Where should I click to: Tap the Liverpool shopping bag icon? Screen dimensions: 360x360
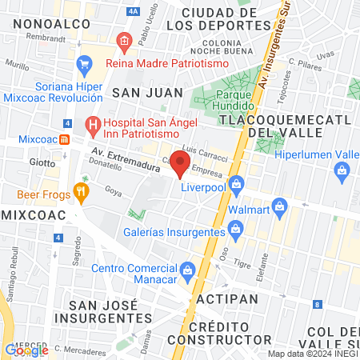(x=236, y=185)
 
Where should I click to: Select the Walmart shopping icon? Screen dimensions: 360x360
(x=279, y=206)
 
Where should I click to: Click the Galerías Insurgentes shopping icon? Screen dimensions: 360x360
(x=235, y=230)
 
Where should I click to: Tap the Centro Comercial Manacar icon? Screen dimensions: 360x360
(x=187, y=269)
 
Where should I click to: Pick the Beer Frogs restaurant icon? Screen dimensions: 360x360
(x=80, y=192)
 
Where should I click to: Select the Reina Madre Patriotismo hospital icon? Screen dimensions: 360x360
(x=123, y=41)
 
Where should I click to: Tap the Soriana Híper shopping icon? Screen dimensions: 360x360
(x=83, y=63)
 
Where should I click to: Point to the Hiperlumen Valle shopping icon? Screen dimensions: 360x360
(x=342, y=170)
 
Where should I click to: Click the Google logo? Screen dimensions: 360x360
(x=26, y=350)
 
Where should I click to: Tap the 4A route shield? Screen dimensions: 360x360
(x=133, y=11)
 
